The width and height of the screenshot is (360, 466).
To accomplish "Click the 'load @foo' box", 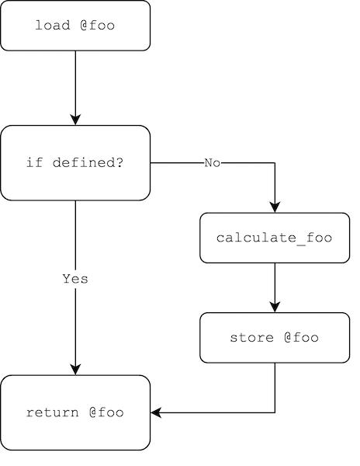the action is [x=75, y=26].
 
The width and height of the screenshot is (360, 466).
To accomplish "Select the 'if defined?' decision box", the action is [x=75, y=163].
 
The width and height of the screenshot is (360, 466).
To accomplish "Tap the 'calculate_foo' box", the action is [x=275, y=238].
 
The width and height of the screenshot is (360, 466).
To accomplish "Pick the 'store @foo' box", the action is [x=275, y=338].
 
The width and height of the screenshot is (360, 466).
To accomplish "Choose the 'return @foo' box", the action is [x=75, y=412].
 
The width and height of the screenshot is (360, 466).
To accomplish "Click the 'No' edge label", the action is [x=213, y=163].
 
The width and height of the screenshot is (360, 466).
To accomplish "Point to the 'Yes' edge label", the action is [x=75, y=279].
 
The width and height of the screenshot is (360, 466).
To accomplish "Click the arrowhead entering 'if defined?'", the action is [x=75, y=120].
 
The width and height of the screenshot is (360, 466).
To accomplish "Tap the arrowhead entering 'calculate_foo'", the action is [x=275, y=207].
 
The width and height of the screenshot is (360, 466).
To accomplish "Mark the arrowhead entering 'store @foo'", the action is [x=275, y=307].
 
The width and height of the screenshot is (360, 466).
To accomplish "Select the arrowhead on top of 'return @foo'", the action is [x=75, y=369].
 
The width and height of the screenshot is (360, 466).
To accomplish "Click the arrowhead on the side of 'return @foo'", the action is [x=156, y=412].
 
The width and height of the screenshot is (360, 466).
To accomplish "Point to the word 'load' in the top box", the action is [x=53, y=26].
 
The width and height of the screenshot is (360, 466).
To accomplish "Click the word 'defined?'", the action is [x=88, y=162].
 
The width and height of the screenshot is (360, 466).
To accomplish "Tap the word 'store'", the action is [x=252, y=338].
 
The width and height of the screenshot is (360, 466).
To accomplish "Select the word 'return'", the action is [x=53, y=412].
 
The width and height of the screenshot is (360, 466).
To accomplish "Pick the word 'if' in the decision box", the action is [x=35, y=162].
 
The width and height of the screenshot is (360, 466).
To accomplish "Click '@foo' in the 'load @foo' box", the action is [x=97, y=26].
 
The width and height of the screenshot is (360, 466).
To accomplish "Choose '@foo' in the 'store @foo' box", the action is [x=301, y=338].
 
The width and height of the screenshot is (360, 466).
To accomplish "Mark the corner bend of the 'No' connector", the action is [x=275, y=163].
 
